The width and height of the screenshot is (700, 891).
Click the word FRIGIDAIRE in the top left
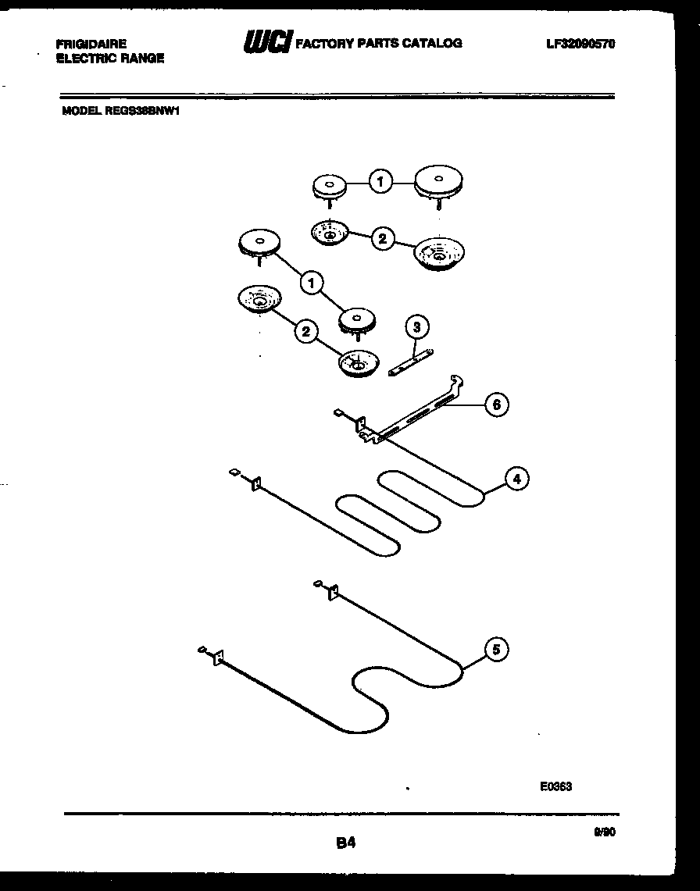pos(91,45)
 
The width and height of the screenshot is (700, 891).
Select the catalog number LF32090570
pos(580,45)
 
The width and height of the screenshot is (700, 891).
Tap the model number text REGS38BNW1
pos(141,111)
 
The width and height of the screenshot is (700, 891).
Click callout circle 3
pos(417,327)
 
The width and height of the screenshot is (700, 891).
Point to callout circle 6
pos(496,404)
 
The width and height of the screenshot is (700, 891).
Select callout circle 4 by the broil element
pos(516,479)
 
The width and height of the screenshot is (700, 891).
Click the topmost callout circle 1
pos(380,183)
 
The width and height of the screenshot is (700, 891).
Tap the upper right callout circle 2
pos(382,238)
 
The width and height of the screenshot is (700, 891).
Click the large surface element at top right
pos(439,183)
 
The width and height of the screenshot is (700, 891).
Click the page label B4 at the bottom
pos(347,843)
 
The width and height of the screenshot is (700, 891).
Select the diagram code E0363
pos(555,786)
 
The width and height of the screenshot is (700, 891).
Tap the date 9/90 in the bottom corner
pos(605,833)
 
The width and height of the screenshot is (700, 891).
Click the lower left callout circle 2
pos(305,332)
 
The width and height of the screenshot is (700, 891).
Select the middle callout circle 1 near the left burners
pos(312,283)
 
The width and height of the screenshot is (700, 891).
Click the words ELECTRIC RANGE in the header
pos(109,59)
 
